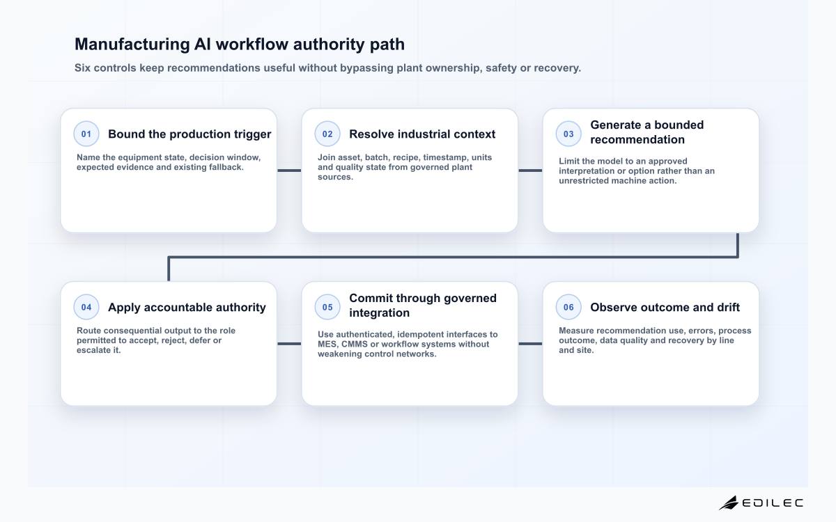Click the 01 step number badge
pyautogui.click(x=86, y=134)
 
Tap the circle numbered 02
pyautogui.click(x=327, y=134)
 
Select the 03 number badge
pyautogui.click(x=568, y=134)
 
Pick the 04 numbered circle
pyautogui.click(x=86, y=307)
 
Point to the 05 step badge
pyautogui.click(x=327, y=307)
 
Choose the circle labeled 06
pyautogui.click(x=568, y=307)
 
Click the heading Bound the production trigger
pyautogui.click(x=189, y=134)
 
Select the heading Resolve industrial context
pyautogui.click(x=422, y=134)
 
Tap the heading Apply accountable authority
pyautogui.click(x=187, y=308)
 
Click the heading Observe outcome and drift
pyautogui.click(x=665, y=307)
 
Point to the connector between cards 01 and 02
pyautogui.click(x=289, y=171)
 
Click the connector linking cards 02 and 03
pyautogui.click(x=530, y=171)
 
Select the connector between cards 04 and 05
pyautogui.click(x=289, y=344)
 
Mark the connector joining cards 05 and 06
pyautogui.click(x=530, y=344)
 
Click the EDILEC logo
pyautogui.click(x=761, y=503)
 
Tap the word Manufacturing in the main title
pyautogui.click(x=132, y=45)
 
